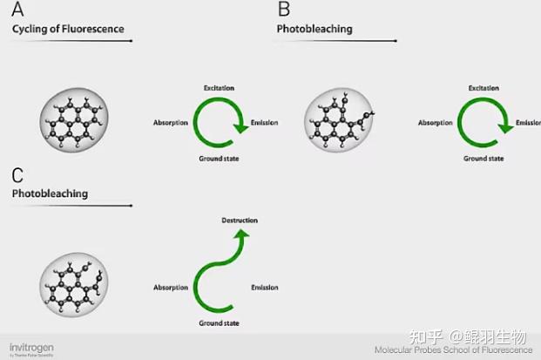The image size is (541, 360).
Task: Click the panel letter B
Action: click(284, 10)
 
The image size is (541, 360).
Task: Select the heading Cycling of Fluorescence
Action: click(68, 30)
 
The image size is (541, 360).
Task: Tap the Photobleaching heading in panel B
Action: click(314, 30)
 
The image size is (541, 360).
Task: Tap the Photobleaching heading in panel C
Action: click(50, 194)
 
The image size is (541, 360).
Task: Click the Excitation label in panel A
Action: click(219, 88)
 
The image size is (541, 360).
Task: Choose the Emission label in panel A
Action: click(264, 123)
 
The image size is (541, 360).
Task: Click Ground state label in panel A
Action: click(219, 159)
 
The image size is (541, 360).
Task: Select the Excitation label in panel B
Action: click(484, 88)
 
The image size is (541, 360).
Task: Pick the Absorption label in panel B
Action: click(436, 123)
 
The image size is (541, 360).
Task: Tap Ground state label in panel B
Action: click(484, 159)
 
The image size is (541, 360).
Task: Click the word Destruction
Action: click(240, 221)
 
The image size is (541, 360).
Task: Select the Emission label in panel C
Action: click(264, 288)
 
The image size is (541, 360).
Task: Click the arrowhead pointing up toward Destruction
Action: click(241, 234)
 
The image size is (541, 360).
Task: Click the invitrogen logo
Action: click(31, 346)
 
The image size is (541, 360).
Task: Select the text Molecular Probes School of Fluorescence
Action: click(453, 350)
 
